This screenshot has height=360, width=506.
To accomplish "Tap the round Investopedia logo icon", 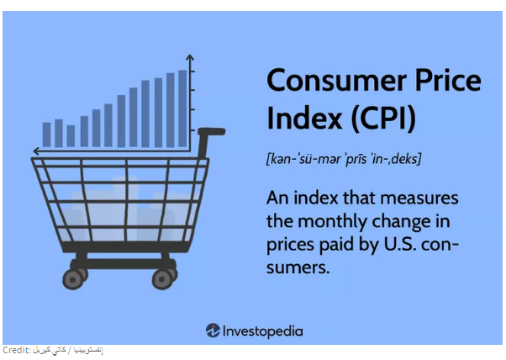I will (x=213, y=331).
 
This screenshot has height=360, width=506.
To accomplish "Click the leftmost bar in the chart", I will (x=47, y=134).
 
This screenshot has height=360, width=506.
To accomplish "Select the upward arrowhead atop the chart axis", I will (x=190, y=58).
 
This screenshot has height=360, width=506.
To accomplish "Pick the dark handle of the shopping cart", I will (x=213, y=131).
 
